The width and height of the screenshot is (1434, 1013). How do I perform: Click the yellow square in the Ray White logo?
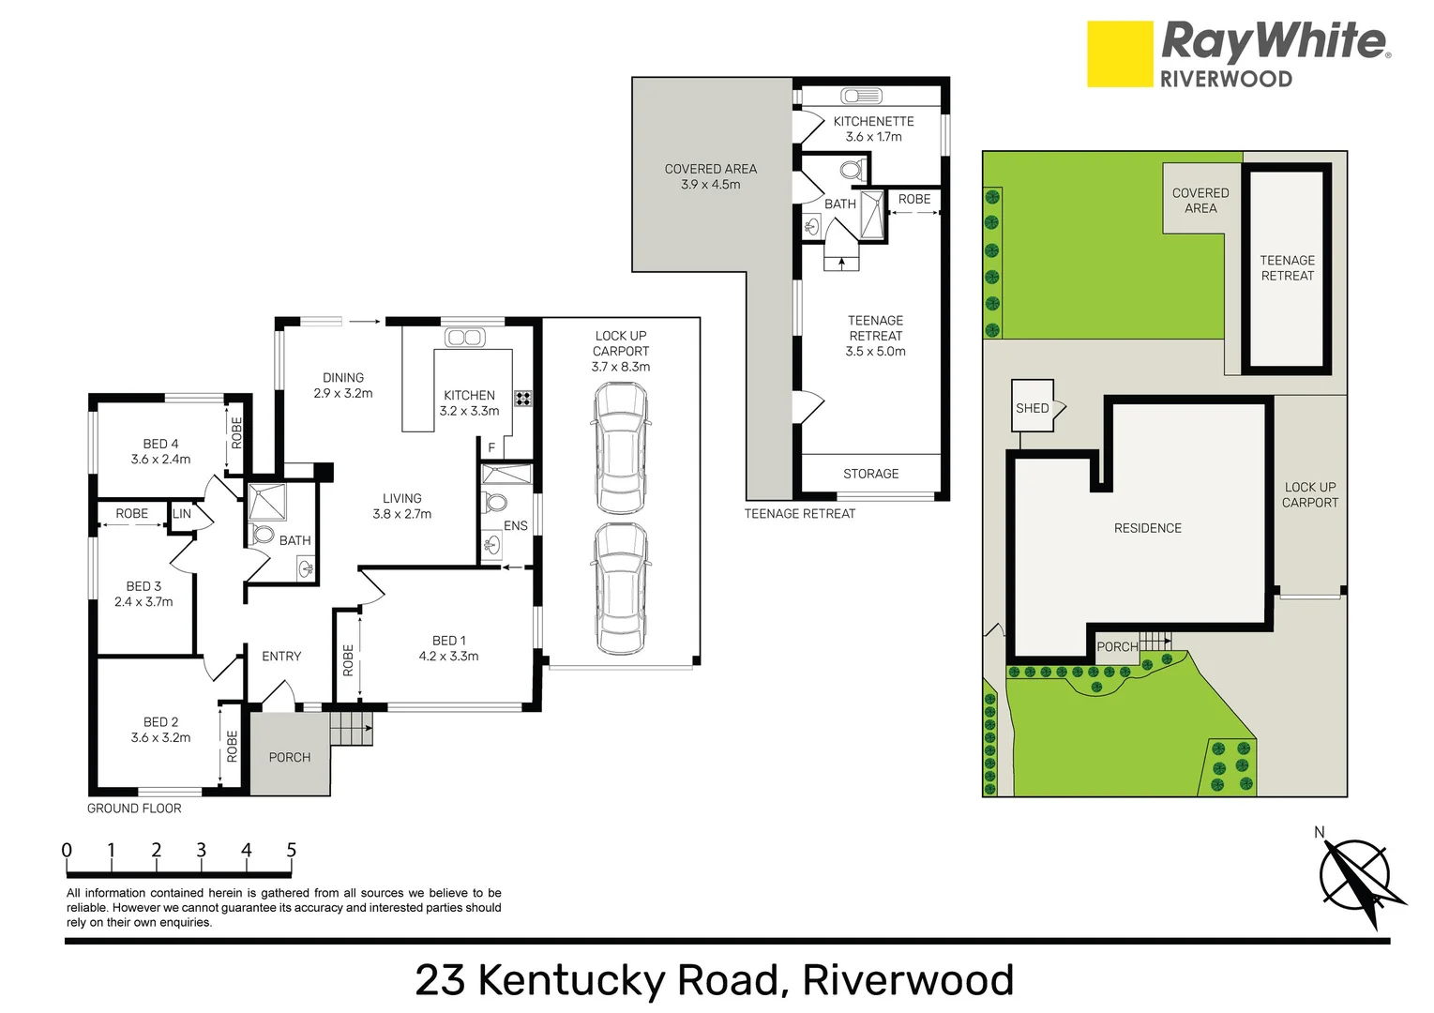point(1120,54)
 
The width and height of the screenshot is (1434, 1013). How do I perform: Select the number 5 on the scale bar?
point(291,850)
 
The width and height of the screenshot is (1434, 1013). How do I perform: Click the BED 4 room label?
point(160,444)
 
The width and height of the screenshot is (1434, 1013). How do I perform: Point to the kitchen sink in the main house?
point(463,338)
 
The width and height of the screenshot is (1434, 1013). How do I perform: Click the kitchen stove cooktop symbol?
point(522,398)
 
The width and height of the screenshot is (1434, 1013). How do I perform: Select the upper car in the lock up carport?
point(620,450)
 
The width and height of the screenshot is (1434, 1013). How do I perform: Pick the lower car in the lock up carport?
point(620,589)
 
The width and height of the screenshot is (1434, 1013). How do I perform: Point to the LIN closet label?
point(182,514)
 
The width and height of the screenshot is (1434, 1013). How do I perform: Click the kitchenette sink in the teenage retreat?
point(860,96)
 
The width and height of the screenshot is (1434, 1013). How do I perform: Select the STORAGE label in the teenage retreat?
point(870,474)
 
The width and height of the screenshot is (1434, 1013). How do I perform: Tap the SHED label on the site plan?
point(1032,408)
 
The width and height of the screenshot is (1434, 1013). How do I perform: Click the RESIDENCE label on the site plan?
point(1147,528)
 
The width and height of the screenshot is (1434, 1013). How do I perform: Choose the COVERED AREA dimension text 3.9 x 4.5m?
point(710,185)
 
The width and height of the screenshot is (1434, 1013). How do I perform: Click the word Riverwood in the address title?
point(909,980)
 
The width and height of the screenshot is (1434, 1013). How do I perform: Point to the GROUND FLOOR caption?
point(134,808)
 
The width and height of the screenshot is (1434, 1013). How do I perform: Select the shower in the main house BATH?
point(266,502)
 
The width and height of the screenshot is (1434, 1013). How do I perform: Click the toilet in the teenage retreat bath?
point(851,171)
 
